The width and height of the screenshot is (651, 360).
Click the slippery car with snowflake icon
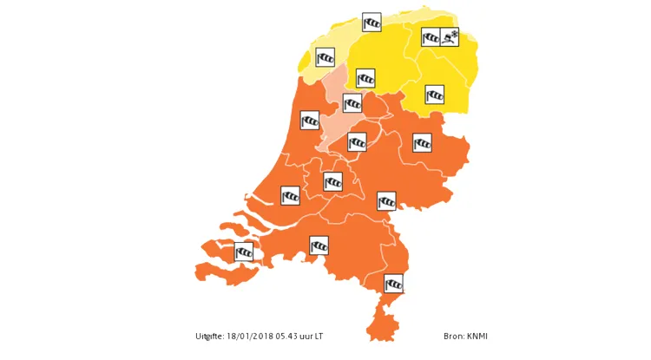pyautogui.click(x=450, y=36)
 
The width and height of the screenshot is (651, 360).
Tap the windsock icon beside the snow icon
pyautogui.click(x=431, y=36)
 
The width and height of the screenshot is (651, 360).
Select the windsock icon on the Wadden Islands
pyautogui.click(x=372, y=22)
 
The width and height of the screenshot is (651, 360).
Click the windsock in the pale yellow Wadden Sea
pyautogui.click(x=325, y=57)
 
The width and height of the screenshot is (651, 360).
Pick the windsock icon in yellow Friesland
pyautogui.click(x=366, y=78)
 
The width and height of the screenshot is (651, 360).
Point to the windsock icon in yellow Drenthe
pyautogui.click(x=434, y=94)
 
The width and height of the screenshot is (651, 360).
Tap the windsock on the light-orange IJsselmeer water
pyautogui.click(x=352, y=103)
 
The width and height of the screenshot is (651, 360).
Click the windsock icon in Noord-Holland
pyautogui.click(x=310, y=120)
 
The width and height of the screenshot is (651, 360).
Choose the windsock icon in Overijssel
pyautogui.click(x=422, y=142)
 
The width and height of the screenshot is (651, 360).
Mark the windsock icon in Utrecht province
pyautogui.click(x=332, y=181)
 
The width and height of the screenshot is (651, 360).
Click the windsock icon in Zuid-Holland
pyautogui.click(x=291, y=196)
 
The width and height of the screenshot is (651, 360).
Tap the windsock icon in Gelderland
pyautogui.click(x=386, y=201)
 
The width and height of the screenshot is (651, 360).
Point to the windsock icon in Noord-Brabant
pyautogui.click(x=319, y=245)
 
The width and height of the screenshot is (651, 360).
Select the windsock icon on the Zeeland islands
pyautogui.click(x=244, y=252)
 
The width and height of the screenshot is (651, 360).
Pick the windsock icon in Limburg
pyautogui.click(x=394, y=283)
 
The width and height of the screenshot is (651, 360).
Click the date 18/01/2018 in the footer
pyautogui.click(x=248, y=337)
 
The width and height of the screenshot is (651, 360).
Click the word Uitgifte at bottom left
pyautogui.click(x=208, y=337)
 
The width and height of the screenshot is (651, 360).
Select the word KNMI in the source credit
pyautogui.click(x=478, y=337)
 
